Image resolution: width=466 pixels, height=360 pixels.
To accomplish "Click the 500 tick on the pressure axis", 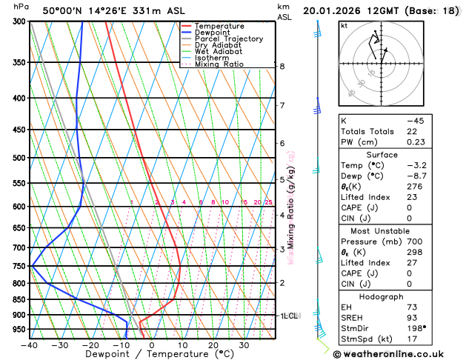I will click(x=19, y=158).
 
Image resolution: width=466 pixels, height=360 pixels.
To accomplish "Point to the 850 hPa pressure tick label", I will click(x=19, y=299).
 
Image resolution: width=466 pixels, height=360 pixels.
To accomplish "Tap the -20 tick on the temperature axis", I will click(x=90, y=344).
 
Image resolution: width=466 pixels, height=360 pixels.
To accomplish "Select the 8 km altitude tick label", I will click(x=282, y=66).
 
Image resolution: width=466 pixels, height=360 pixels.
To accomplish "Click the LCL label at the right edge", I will click(x=290, y=316).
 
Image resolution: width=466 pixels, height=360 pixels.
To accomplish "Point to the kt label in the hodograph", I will click(x=344, y=26).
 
